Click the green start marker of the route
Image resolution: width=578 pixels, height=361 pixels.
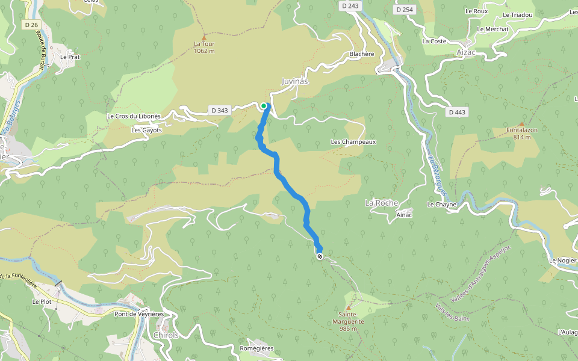pyautogui.click(x=264, y=106)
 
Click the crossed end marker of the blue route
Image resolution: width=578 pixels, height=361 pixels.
pyautogui.click(x=320, y=256)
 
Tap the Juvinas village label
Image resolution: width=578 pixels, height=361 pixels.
pyautogui.click(x=295, y=81)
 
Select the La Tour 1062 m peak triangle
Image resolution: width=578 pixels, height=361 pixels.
pyautogui.click(x=204, y=36)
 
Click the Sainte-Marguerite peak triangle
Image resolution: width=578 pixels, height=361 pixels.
pyautogui.click(x=347, y=307)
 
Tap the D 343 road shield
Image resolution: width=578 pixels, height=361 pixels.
pyautogui.click(x=220, y=110)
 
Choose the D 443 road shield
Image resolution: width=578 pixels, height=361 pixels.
pyautogui.click(x=458, y=113)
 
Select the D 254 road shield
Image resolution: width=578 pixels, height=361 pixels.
pyautogui.click(x=405, y=10)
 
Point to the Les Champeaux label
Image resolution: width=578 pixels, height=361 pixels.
pyautogui.click(x=353, y=142)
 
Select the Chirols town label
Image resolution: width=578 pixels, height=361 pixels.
pyautogui.click(x=166, y=335)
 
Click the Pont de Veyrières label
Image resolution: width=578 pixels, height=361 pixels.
pyautogui.click(x=139, y=314)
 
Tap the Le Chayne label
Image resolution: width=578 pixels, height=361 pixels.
pyautogui.click(x=442, y=205)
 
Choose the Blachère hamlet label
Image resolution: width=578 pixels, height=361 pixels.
pyautogui.click(x=362, y=54)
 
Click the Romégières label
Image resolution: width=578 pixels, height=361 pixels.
pyautogui.click(x=256, y=348)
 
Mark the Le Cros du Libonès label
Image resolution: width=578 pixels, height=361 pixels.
pyautogui.click(x=134, y=116)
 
